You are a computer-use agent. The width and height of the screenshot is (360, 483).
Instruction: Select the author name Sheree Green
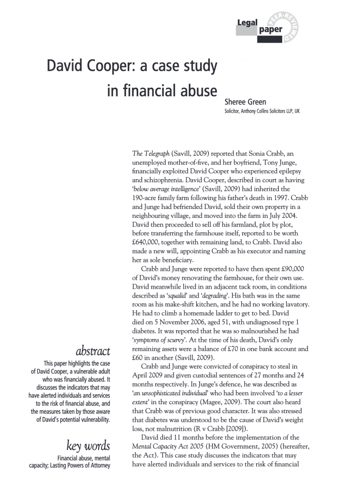(245, 101)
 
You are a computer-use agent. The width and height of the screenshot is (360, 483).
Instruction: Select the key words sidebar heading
(89, 446)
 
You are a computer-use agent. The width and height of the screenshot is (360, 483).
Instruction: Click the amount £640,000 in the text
(150, 242)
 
